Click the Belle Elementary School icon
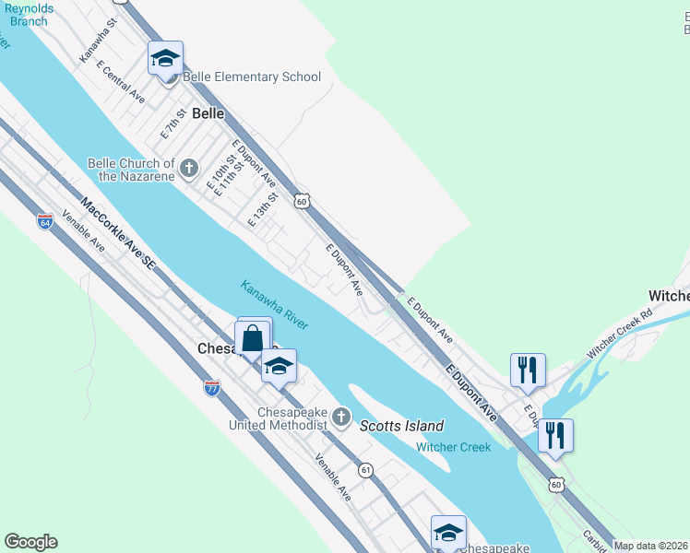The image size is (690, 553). [x=166, y=60]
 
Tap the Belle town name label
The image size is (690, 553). [x=208, y=114]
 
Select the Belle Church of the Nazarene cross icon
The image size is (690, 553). [x=188, y=168]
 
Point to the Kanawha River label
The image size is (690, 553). [x=274, y=304]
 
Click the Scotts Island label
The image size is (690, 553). [x=401, y=426]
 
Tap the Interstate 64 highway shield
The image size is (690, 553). [x=45, y=221]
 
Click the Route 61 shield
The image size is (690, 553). [x=366, y=470]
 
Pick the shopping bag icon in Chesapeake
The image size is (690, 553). [x=253, y=338]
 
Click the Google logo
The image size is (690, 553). [x=30, y=542]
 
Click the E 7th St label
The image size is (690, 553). [x=172, y=123]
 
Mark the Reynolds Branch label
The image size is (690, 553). [x=26, y=15]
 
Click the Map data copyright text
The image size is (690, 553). [x=651, y=546]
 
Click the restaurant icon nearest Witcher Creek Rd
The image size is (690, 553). [x=527, y=370]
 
